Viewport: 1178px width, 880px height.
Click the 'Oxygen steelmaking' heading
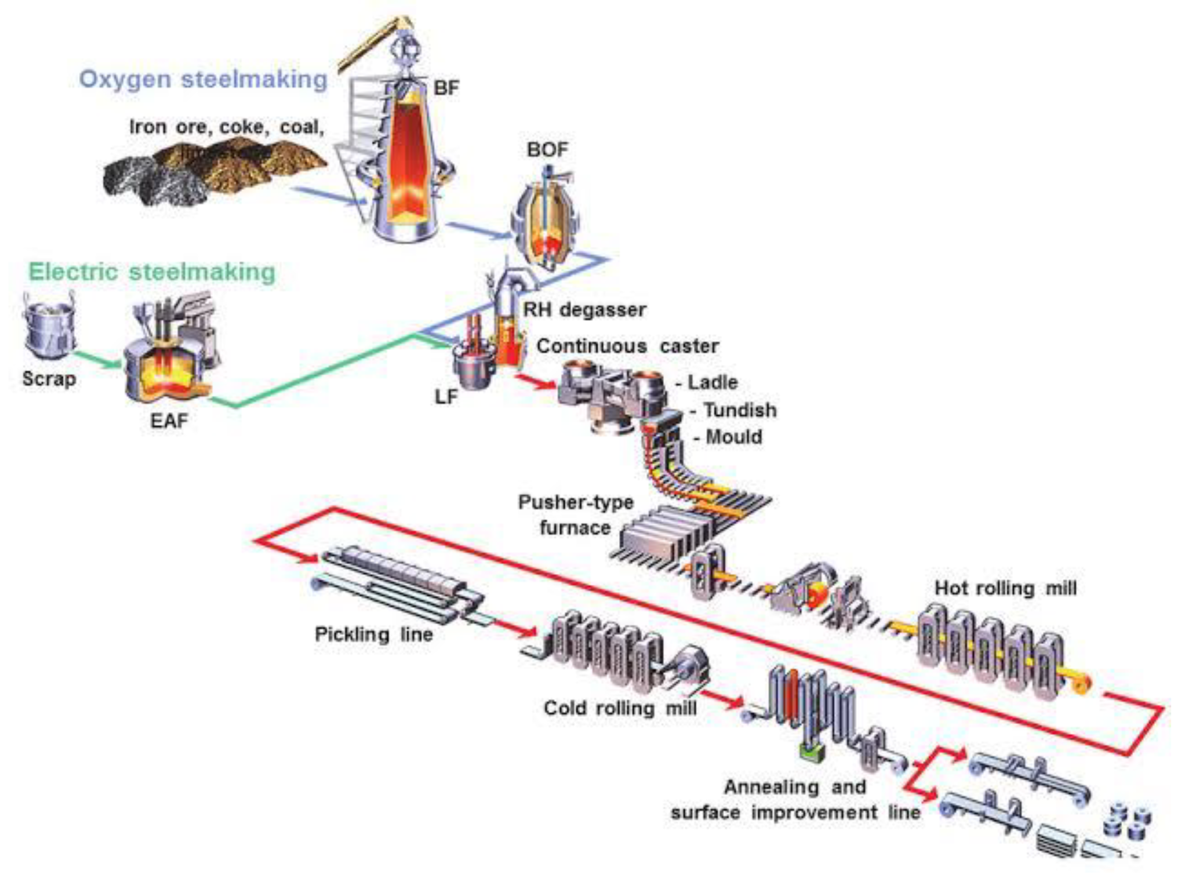(x=203, y=80)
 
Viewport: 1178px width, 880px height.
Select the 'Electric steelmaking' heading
(x=152, y=272)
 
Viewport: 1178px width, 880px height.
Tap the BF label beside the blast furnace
(x=446, y=88)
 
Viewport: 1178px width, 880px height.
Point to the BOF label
(x=548, y=149)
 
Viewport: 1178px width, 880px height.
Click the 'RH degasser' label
(x=585, y=310)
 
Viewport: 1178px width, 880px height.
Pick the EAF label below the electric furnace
(x=170, y=422)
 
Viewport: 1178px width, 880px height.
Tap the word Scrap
(x=49, y=379)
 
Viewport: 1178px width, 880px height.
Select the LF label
(x=446, y=397)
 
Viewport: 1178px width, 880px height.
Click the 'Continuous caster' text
(x=627, y=346)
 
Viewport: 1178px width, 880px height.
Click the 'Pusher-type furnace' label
(x=575, y=515)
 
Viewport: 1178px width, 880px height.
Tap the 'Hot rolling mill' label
(x=1006, y=588)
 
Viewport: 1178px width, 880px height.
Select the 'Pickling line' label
(x=374, y=635)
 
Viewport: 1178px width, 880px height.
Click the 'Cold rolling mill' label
(x=620, y=708)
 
